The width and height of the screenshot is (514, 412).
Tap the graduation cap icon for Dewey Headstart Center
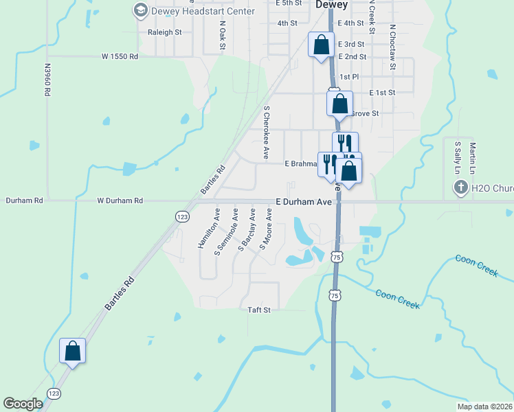tap(141, 10)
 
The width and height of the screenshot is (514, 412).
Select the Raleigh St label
tap(164, 32)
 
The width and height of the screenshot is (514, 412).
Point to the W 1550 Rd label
tap(120, 56)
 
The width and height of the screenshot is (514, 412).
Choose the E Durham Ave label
tap(304, 202)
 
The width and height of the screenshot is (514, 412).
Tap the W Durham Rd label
tap(120, 201)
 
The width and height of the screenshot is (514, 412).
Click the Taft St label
tap(259, 310)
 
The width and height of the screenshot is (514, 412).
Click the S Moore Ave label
tap(266, 233)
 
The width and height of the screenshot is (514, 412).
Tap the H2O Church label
tap(491, 187)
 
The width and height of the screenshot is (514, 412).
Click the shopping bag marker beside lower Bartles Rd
tap(72, 351)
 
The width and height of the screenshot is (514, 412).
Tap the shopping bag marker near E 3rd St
tap(321, 45)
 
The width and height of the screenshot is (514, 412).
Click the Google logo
tap(23, 404)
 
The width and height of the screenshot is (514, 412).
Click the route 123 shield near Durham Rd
tap(182, 216)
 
